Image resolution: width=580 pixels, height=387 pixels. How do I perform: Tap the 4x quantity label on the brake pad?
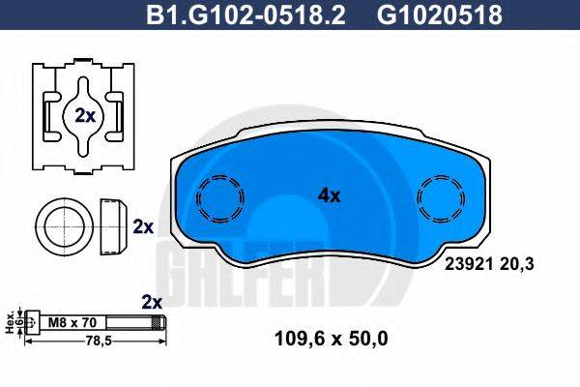point(330,194)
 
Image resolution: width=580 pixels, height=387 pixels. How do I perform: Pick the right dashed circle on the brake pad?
point(441,201)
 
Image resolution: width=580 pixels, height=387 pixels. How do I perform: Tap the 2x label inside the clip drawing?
point(84,114)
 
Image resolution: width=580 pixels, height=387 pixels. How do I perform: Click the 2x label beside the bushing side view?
point(143,226)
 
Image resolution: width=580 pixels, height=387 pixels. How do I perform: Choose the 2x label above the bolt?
point(151,300)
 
